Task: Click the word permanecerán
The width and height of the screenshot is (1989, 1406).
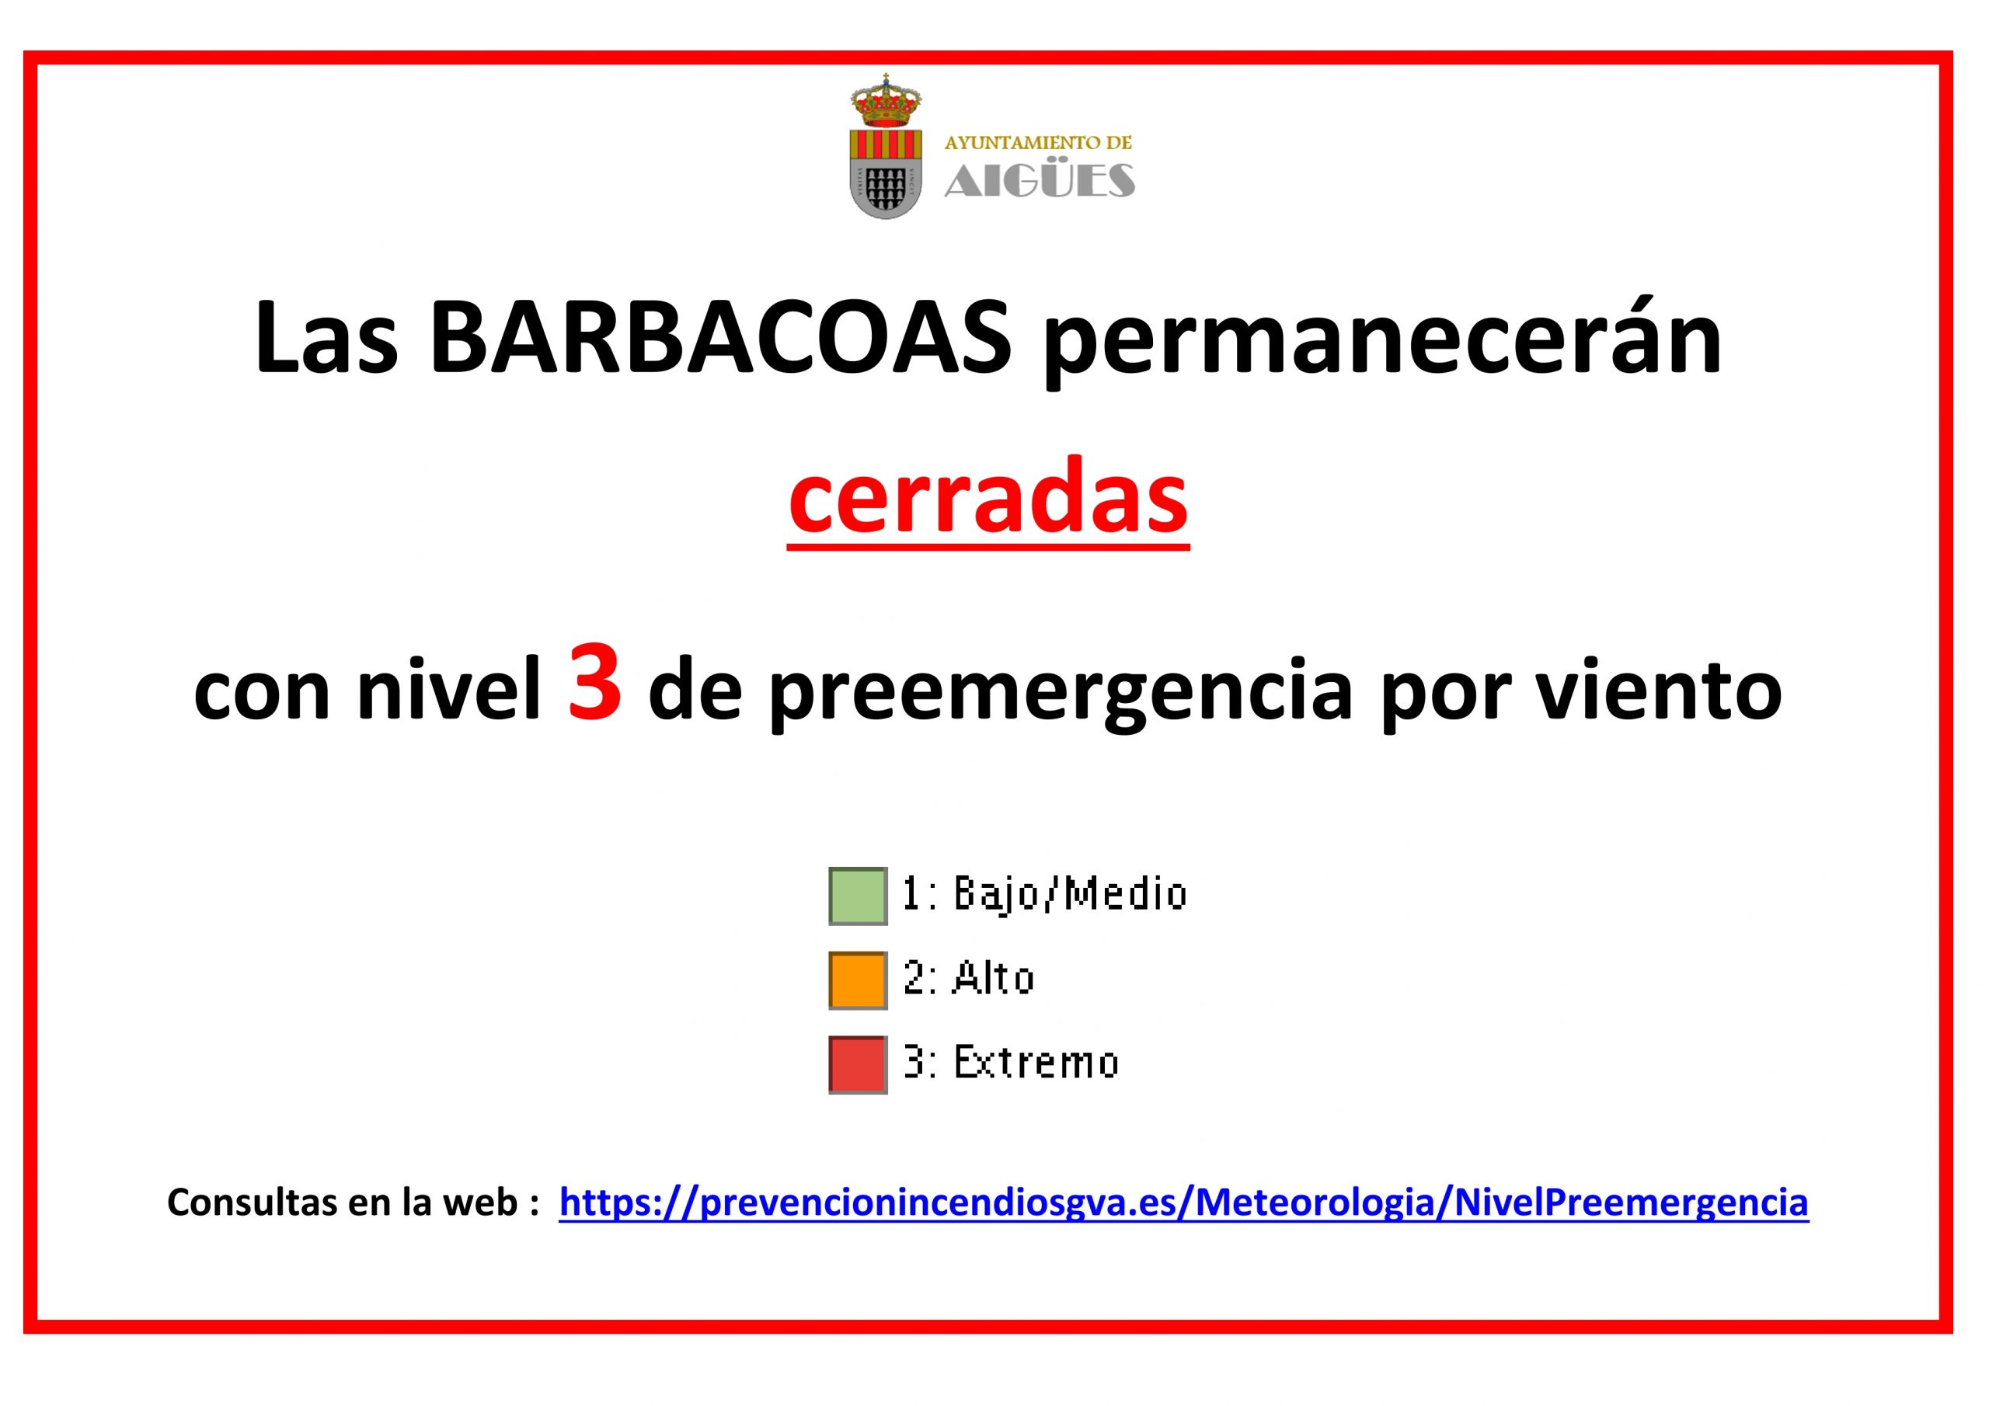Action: tap(1381, 344)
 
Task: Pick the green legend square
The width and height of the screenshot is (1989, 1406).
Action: tap(858, 896)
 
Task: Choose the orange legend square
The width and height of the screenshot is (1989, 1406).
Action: tap(858, 980)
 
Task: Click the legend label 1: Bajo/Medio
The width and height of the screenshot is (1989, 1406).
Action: tap(1044, 894)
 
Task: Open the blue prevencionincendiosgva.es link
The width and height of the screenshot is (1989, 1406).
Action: tap(1183, 1203)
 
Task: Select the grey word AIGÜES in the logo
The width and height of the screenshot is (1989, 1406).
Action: tap(1040, 179)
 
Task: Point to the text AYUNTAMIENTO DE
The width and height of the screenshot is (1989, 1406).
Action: tap(1038, 143)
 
